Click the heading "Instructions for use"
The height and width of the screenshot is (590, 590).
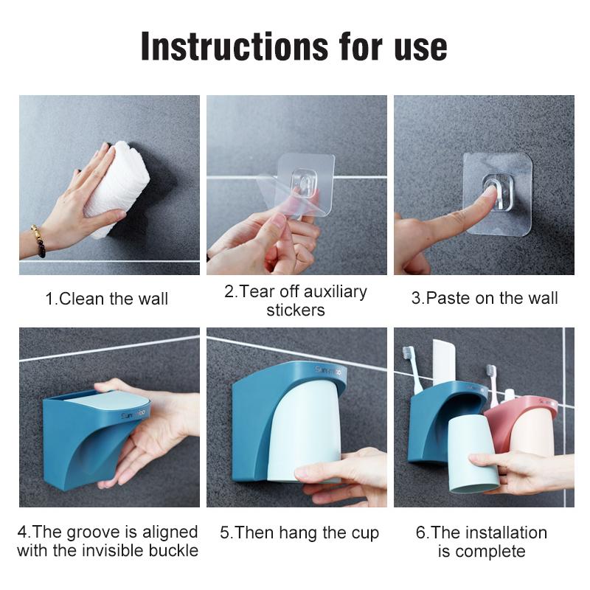294,46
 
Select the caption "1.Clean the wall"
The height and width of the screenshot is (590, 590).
107,299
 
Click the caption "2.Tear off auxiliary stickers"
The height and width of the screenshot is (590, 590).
295,300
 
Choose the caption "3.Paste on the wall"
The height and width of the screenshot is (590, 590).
484,298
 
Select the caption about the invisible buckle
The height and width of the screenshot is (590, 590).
108,541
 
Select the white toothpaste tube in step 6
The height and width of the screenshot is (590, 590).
443,361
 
